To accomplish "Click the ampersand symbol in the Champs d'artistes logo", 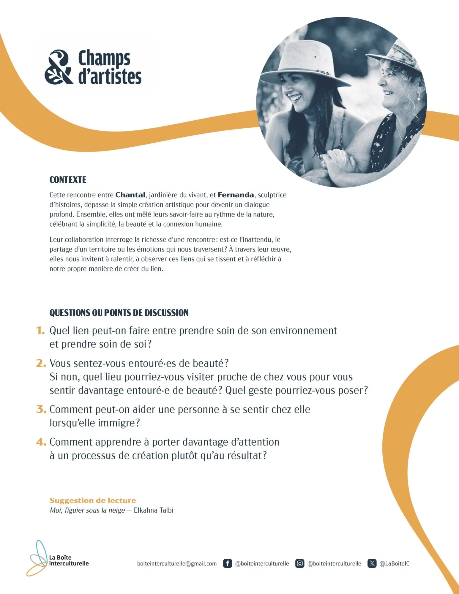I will coord(59,67).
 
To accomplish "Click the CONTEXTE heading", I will coord(68,180).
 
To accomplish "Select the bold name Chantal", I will coord(130,195).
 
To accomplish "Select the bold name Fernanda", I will coord(236,195).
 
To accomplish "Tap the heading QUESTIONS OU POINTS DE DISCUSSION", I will coord(119,313).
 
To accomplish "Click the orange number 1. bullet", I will coord(40,331).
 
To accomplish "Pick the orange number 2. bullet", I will coord(41,363).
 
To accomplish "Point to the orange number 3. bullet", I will coord(41,409).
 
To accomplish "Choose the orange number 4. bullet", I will coord(41,442).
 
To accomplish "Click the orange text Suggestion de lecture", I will coord(93,500).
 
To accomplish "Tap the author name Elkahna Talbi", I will coord(154,510).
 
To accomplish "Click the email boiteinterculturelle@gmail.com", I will coord(177,563).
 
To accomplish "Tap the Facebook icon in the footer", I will coord(227,563).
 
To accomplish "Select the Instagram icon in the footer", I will coord(300,563).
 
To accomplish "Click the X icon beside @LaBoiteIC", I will coord(372,563).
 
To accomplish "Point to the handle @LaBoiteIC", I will coord(395,563).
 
